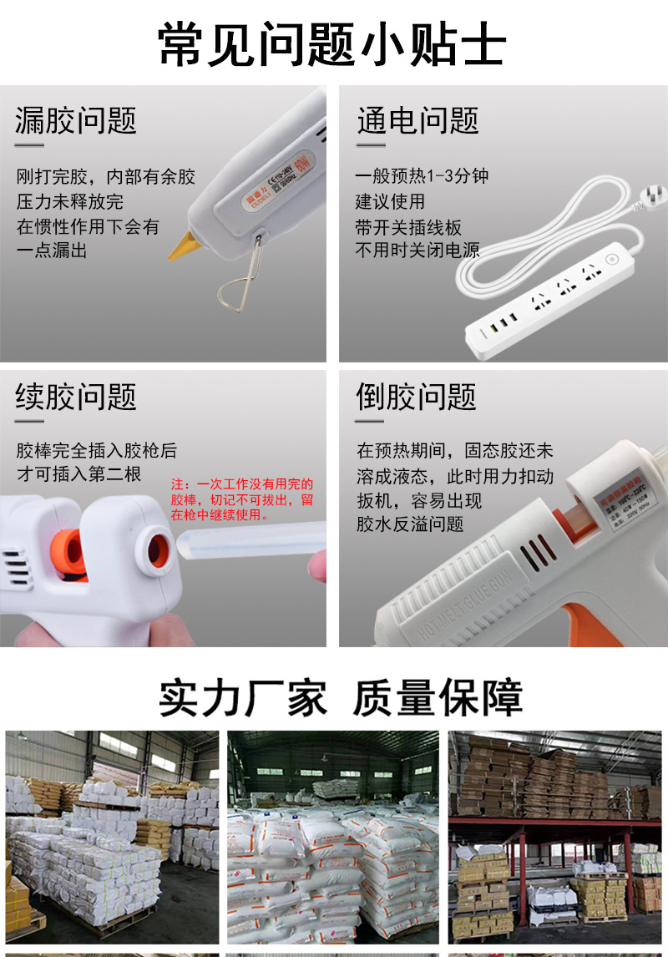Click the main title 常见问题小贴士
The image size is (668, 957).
click(332, 43)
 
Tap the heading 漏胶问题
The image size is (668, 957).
click(75, 120)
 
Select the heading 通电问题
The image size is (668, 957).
click(417, 120)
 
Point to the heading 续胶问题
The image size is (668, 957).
click(75, 397)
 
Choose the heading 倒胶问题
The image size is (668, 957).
click(416, 397)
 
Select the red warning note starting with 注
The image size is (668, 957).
click(242, 499)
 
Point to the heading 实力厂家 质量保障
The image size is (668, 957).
click(341, 697)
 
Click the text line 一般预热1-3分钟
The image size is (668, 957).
click(422, 176)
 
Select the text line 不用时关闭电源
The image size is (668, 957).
click(417, 251)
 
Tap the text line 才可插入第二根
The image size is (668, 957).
click(78, 474)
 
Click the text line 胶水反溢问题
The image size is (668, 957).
click(410, 524)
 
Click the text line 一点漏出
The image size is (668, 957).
click(52, 251)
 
